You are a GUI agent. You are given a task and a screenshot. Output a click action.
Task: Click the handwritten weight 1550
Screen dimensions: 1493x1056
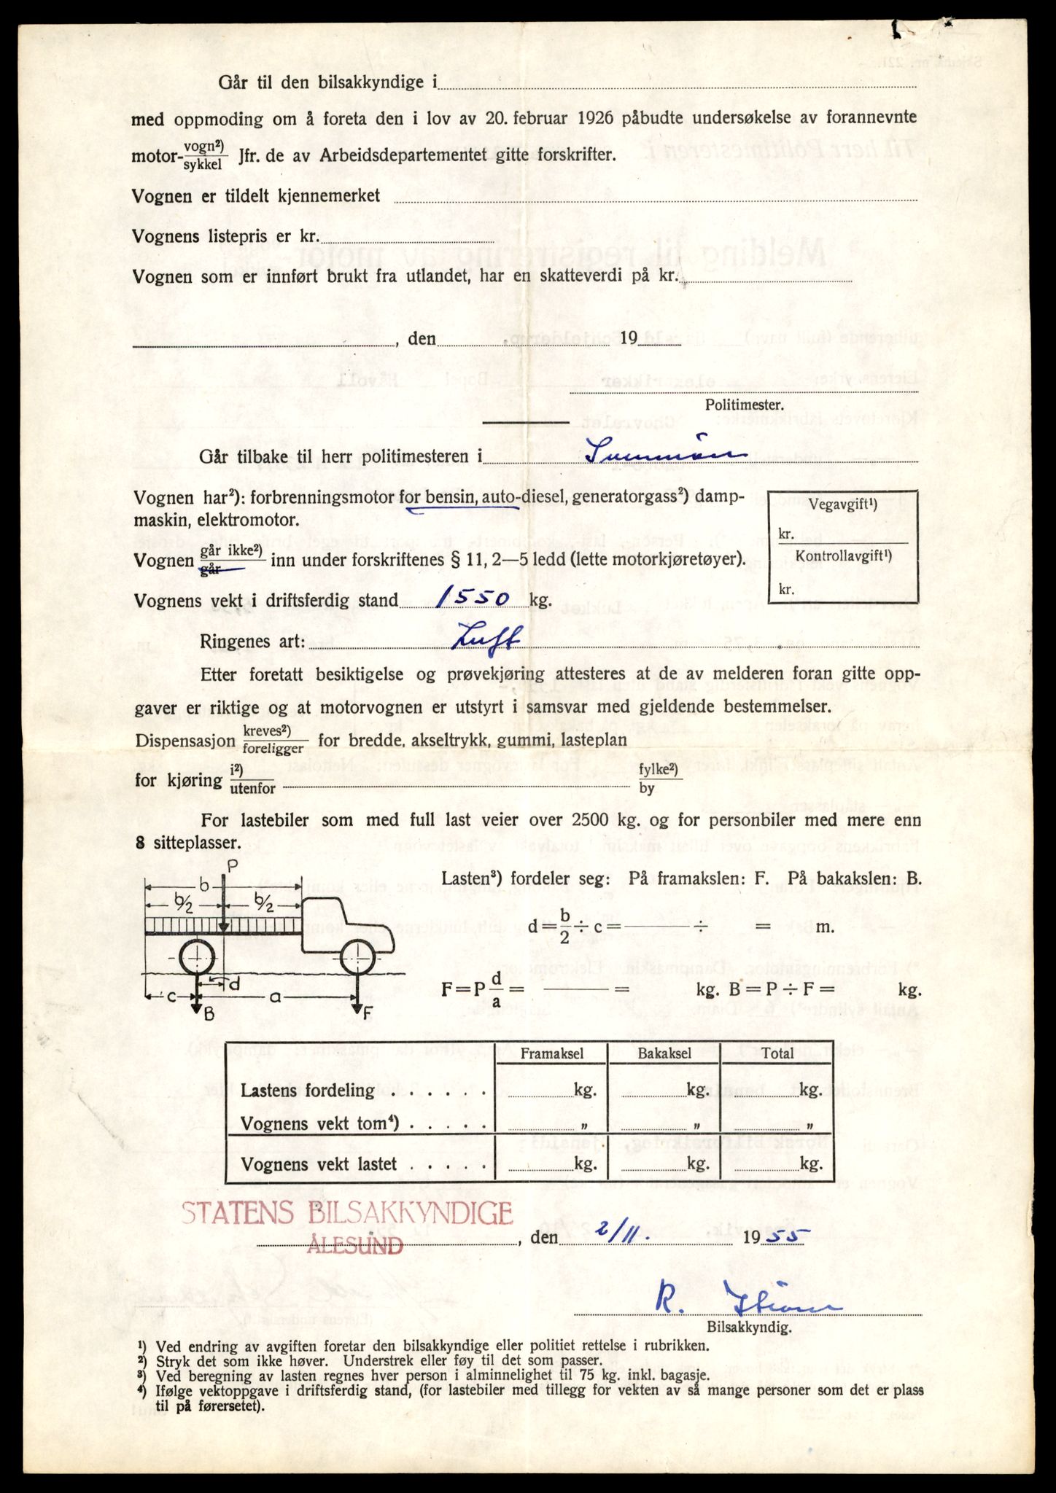point(472,599)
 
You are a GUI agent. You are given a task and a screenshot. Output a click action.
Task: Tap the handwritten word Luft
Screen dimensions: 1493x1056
point(487,639)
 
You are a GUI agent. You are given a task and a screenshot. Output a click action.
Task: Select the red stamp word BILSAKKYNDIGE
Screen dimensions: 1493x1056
point(411,1213)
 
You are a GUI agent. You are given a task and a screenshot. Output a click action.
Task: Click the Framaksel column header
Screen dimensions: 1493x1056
point(551,1053)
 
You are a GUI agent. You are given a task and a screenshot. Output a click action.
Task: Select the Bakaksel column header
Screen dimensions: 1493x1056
point(664,1053)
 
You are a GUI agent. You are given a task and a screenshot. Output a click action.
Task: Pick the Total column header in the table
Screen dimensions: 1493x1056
point(777,1053)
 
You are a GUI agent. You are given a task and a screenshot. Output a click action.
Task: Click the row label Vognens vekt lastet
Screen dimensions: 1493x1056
point(319,1164)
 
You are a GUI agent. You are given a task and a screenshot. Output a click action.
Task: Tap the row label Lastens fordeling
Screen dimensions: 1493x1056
point(308,1091)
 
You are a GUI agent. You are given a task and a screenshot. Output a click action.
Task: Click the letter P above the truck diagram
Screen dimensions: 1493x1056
point(232,867)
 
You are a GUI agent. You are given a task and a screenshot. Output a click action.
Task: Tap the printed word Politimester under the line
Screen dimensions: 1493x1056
point(744,405)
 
